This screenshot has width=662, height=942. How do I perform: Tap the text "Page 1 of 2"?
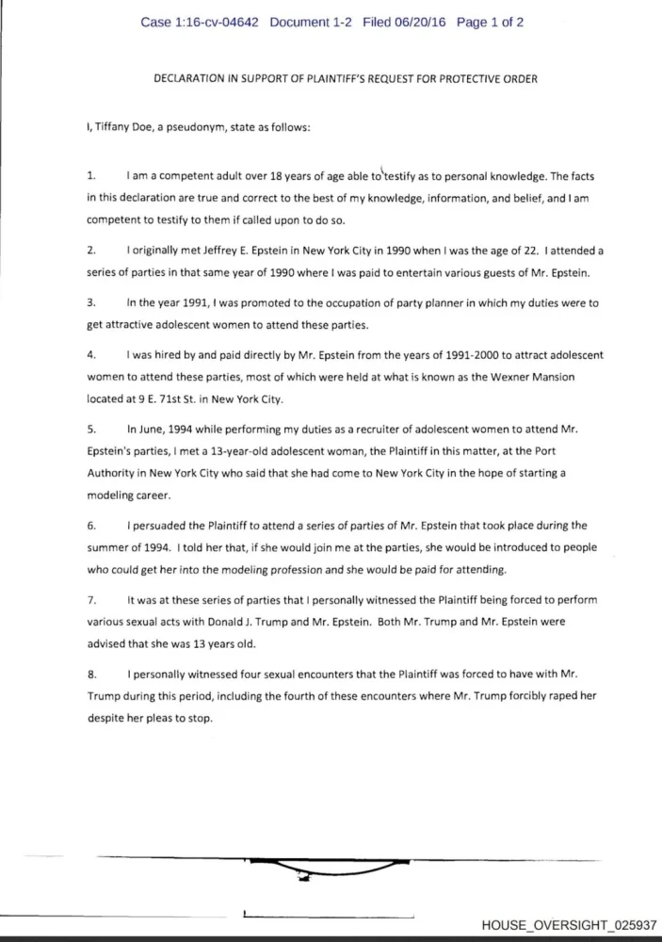(490, 22)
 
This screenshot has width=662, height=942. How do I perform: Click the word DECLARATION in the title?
(186, 79)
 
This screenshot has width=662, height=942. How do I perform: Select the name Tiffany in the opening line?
(117, 128)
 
